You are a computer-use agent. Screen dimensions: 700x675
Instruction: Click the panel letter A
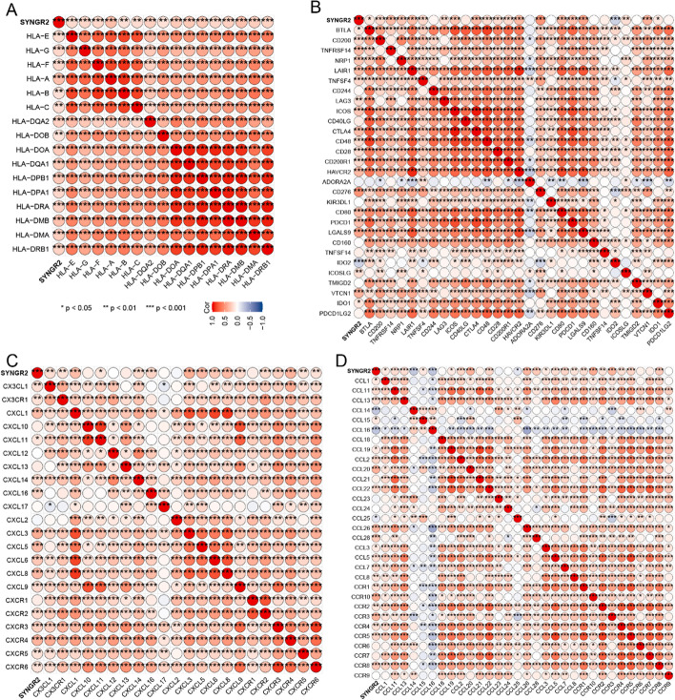[7, 8]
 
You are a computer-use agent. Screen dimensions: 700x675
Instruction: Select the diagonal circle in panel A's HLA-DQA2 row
[150, 121]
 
